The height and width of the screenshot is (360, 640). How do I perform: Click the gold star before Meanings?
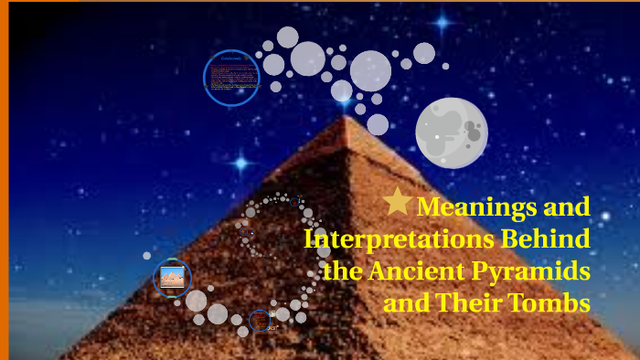coord(397,201)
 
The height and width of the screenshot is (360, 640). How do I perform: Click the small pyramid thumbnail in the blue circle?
coord(172,278)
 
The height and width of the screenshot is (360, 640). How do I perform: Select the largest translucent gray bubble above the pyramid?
coord(370,69)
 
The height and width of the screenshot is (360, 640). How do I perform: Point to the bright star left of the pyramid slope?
coord(240,164)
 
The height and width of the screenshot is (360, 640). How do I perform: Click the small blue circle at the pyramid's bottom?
coord(261,320)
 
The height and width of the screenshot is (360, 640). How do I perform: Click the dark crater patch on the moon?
coord(473,133)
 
